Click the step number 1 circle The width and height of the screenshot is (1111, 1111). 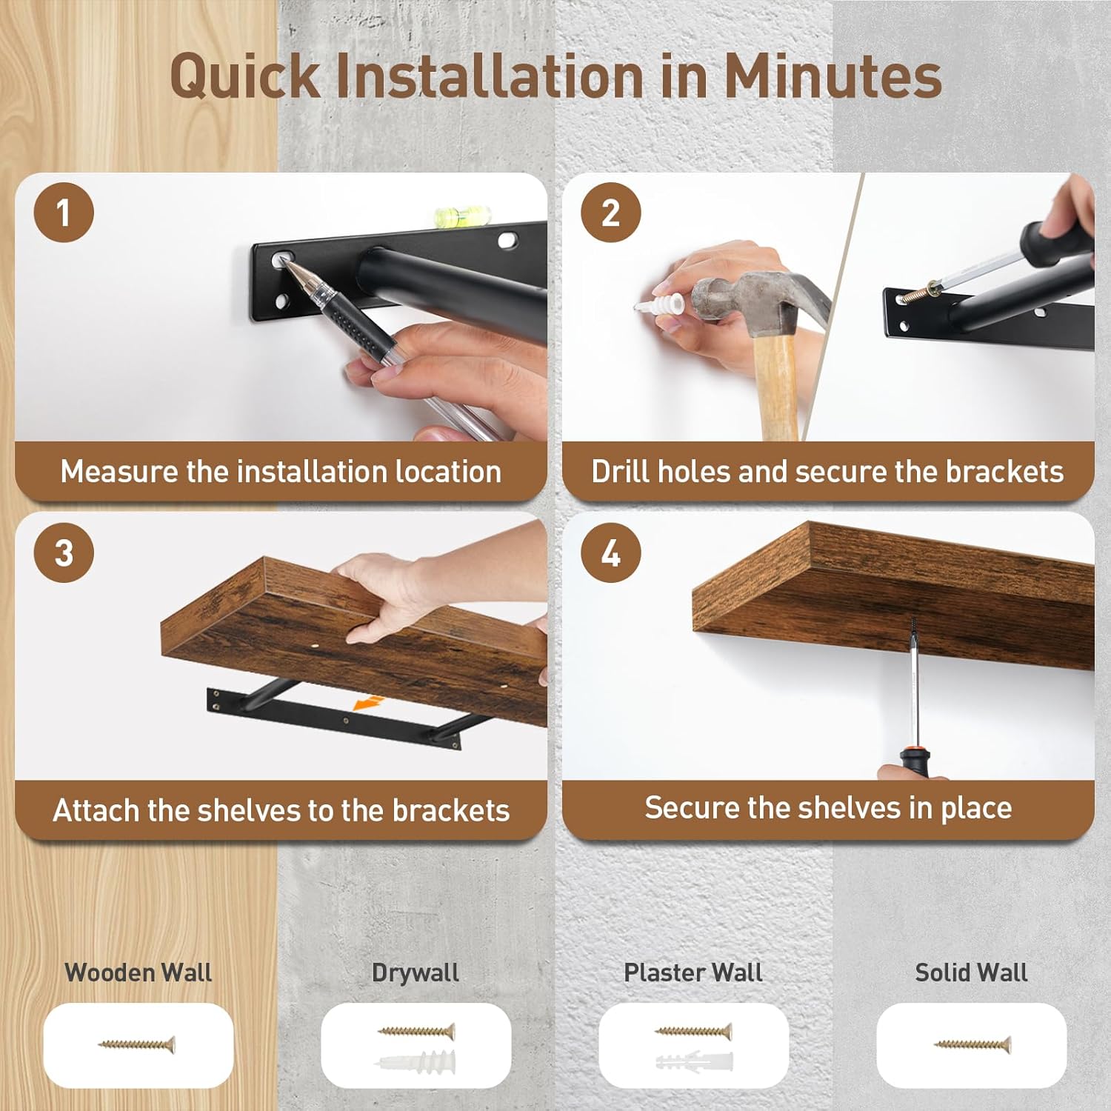pos(64,213)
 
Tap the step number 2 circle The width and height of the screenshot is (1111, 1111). pos(610,213)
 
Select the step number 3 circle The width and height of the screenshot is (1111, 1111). pos(64,553)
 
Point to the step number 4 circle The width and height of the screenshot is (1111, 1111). pos(610,553)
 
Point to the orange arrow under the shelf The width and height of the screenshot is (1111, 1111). pos(369,702)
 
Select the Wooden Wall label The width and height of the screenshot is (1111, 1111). pos(139,972)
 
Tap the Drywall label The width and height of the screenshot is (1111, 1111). pos(416,972)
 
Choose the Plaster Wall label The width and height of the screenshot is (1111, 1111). pos(693,972)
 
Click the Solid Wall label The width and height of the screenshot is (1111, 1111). pos(971,972)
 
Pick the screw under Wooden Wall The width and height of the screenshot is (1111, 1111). pos(138,1044)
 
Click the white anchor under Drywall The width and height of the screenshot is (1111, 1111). pos(416,1062)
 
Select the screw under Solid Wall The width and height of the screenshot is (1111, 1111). pos(972,1044)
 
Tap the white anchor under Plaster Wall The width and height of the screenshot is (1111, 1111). pos(693,1062)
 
